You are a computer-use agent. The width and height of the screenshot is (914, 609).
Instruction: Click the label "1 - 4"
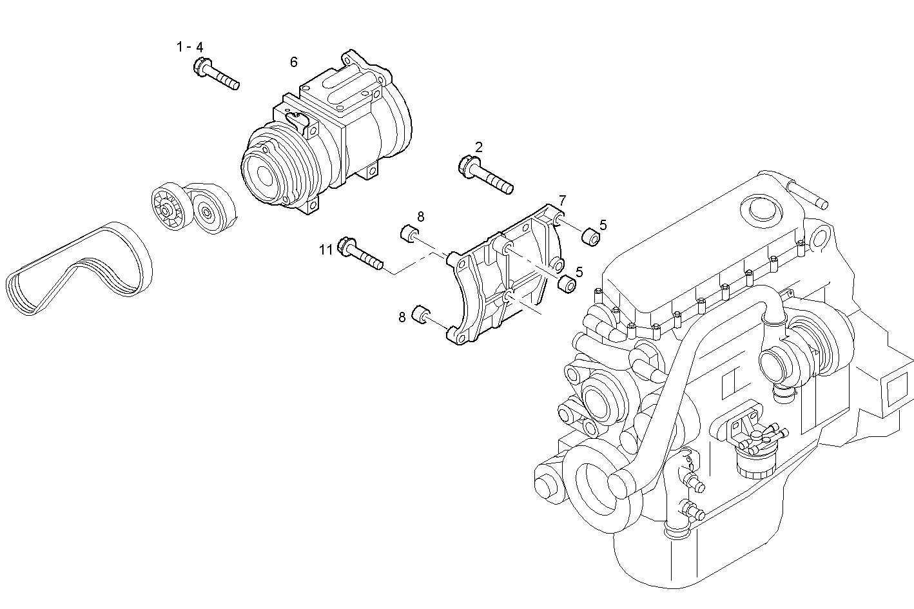tap(190, 47)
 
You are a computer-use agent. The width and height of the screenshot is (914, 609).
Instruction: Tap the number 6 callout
tap(294, 62)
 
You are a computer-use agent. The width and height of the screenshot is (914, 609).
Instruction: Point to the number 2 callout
tap(479, 146)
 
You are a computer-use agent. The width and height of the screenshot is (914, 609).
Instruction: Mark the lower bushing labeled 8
tap(422, 314)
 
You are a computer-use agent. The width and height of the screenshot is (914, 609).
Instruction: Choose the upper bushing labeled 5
tap(590, 237)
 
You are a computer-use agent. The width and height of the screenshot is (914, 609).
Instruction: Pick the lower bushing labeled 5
tap(566, 284)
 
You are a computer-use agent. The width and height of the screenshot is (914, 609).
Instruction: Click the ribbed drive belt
tap(77, 271)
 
